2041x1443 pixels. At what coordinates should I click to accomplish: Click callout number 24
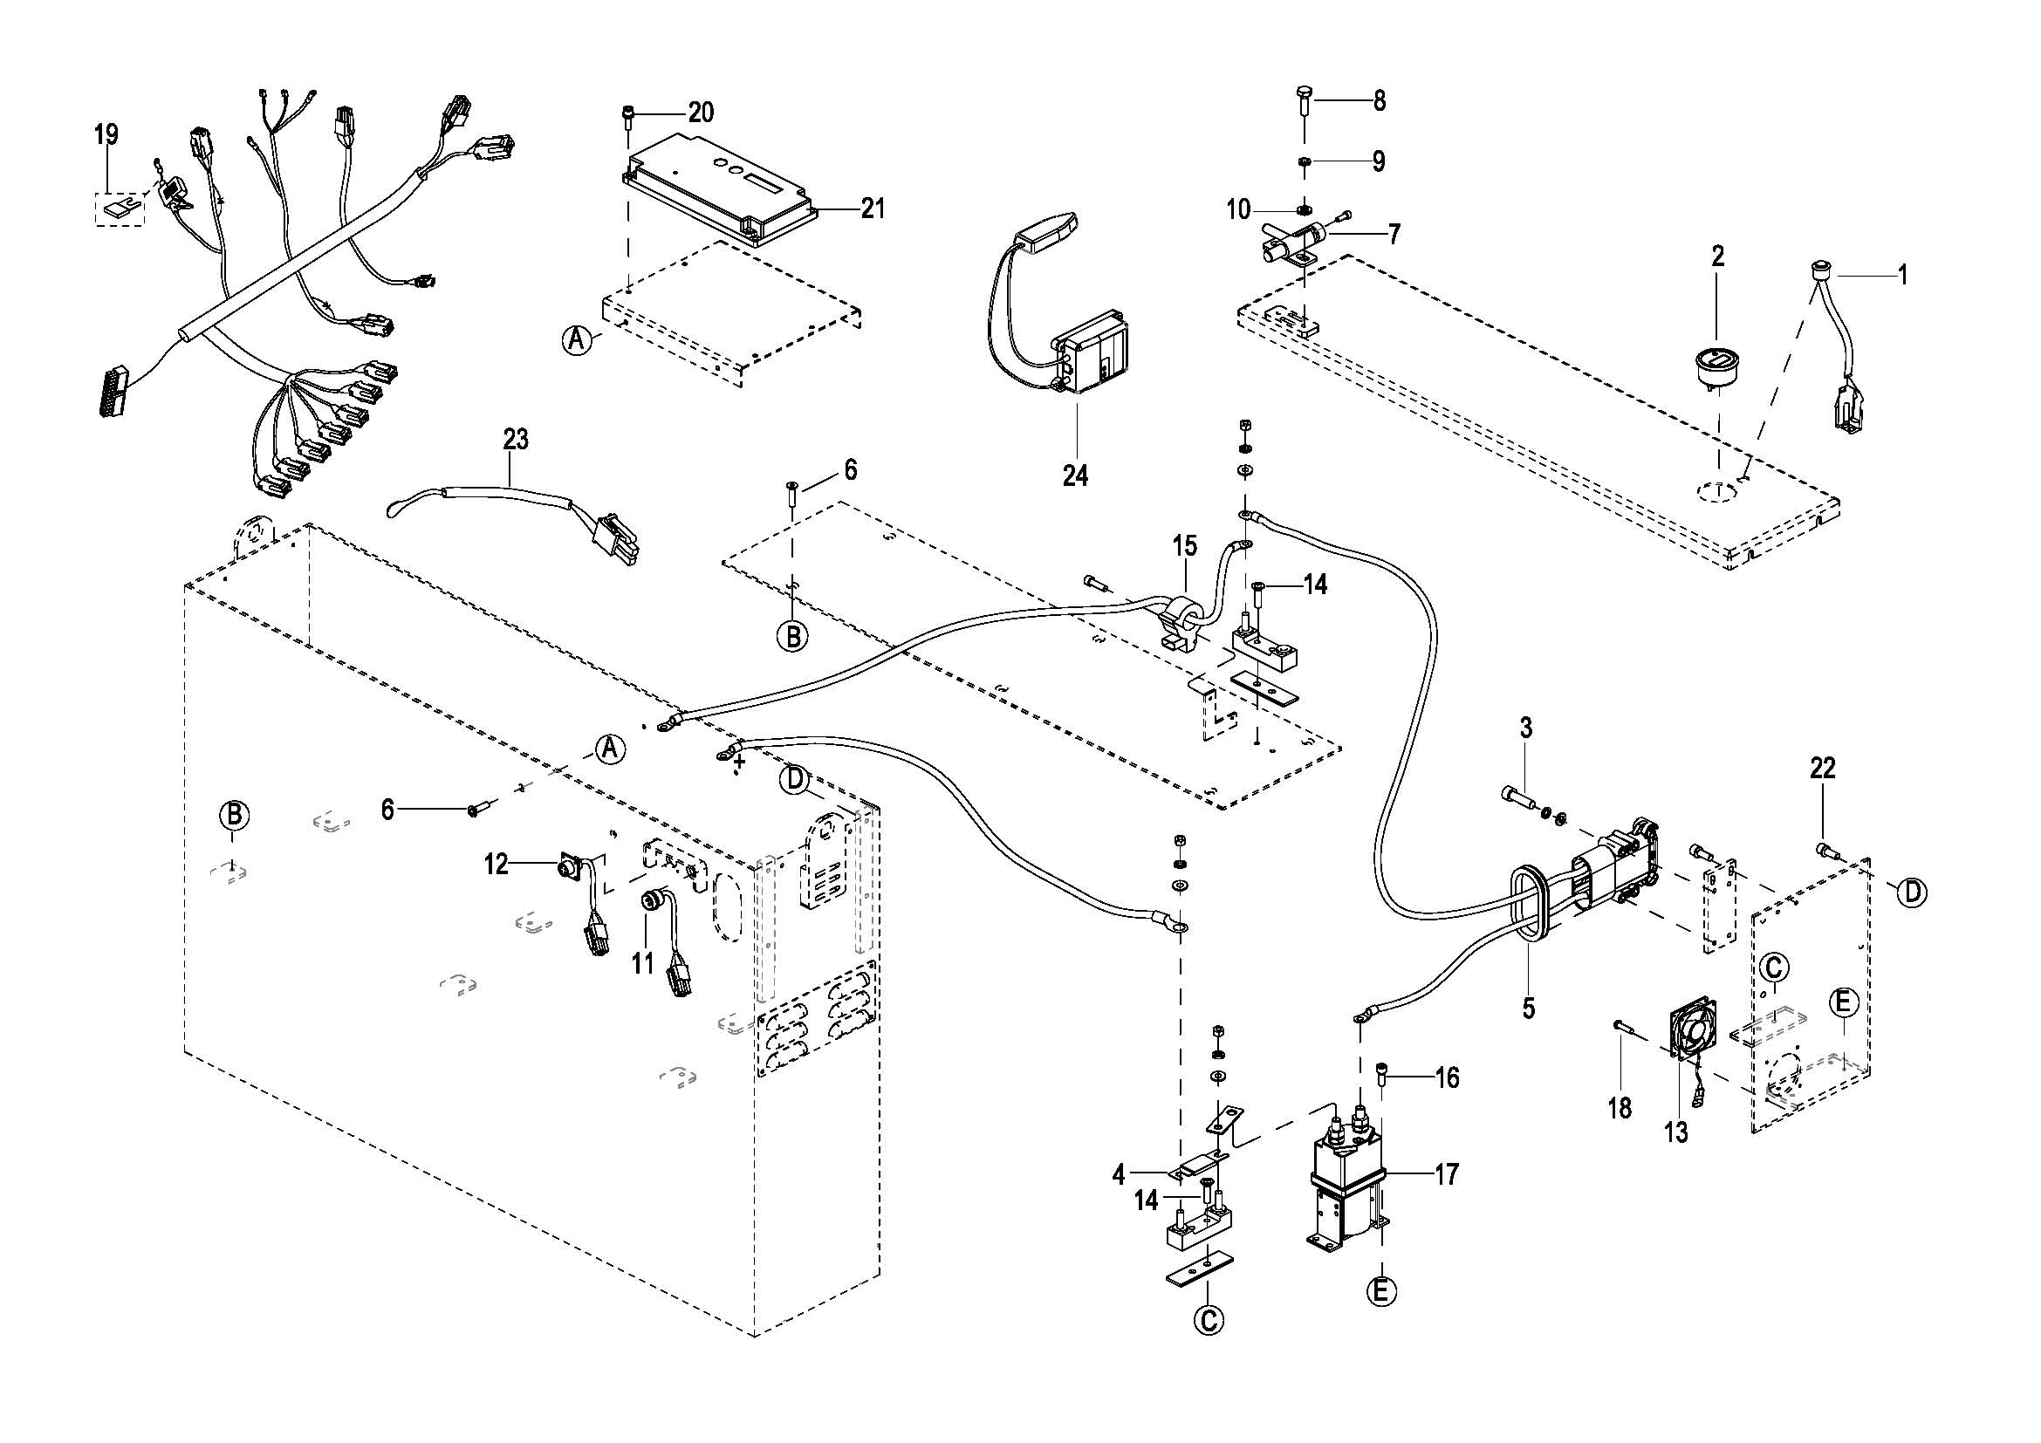click(1075, 475)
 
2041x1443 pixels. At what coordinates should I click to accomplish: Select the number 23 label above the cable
click(516, 440)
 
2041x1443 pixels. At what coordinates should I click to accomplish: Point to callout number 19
click(106, 135)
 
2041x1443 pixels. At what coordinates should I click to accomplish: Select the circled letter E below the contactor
click(1380, 1316)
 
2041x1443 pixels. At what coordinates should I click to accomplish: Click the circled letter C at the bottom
click(1208, 1345)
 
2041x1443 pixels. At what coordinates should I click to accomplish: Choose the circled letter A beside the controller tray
click(578, 339)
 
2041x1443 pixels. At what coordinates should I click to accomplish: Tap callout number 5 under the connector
click(1527, 1008)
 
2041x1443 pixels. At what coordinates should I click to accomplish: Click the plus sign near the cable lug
click(739, 760)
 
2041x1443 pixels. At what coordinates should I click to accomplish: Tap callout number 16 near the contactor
click(1446, 1077)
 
